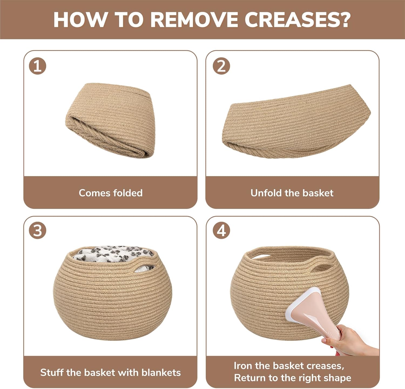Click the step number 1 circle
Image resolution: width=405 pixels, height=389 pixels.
tap(38, 66)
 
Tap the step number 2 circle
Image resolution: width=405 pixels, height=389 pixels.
tap(221, 66)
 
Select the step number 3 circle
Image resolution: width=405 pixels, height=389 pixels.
tap(38, 230)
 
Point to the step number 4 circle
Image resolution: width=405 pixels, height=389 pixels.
tap(221, 230)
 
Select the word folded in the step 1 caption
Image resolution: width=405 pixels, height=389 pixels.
tap(128, 193)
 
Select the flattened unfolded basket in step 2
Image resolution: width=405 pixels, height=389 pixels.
tap(296, 122)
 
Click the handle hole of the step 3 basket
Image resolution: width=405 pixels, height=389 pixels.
tap(144, 269)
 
